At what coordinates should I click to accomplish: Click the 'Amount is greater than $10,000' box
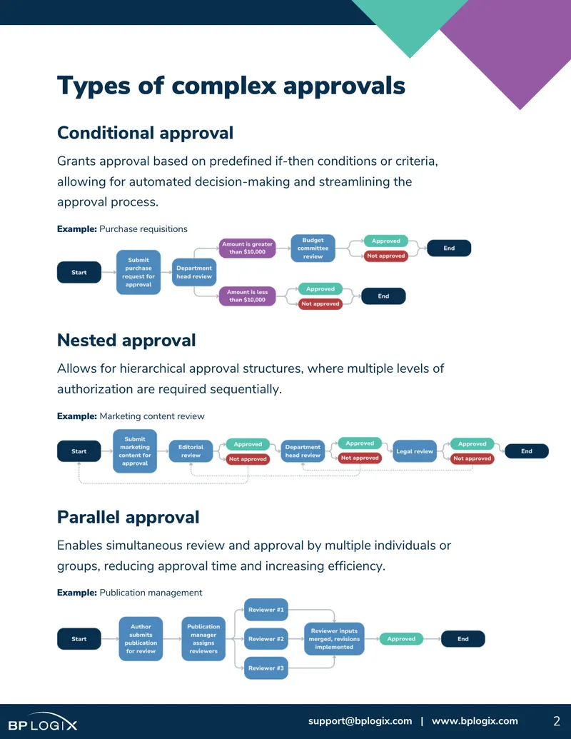coord(248,248)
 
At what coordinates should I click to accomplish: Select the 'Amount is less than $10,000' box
coord(248,296)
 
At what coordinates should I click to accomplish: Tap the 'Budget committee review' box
coord(313,248)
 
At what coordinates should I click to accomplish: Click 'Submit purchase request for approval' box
coord(138,273)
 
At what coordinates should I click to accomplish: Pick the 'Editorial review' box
coord(191,451)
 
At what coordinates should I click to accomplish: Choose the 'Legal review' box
coord(415,451)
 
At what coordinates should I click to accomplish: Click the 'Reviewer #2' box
coord(266,639)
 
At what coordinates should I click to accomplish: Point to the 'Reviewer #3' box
coord(266,668)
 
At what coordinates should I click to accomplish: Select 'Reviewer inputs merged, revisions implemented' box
coord(334,639)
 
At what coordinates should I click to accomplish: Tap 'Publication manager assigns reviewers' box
coord(203,639)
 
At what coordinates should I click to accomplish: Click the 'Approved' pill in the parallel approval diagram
coord(401,639)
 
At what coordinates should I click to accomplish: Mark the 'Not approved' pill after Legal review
coord(472,458)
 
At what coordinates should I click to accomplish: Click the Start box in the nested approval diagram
coord(79,451)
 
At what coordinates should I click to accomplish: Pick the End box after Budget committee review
coord(449,248)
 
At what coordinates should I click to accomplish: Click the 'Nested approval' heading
coord(126,341)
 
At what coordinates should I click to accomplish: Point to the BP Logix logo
coord(43,722)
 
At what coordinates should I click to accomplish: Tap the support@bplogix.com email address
coord(360,721)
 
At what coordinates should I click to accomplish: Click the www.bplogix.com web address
coord(475,721)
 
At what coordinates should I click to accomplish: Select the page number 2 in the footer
coord(557,721)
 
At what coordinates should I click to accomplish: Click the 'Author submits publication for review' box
coord(141,639)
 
